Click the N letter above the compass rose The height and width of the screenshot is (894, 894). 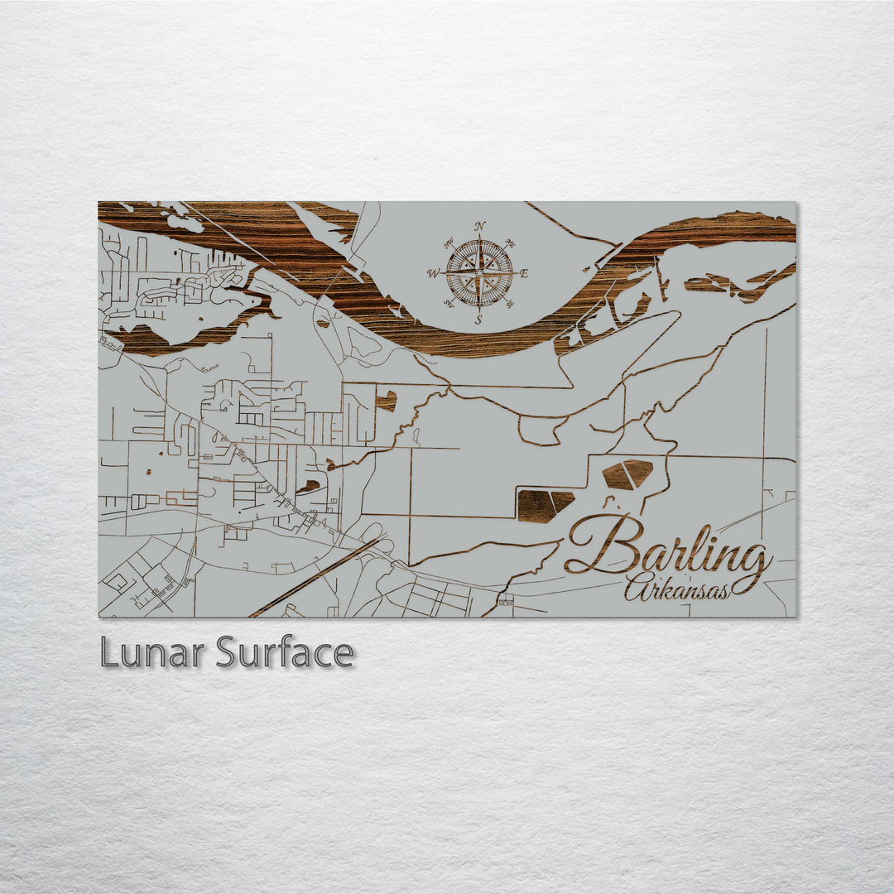[x=480, y=226]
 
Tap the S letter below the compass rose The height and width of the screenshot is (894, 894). [x=478, y=320]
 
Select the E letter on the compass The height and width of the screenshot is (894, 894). [x=524, y=273]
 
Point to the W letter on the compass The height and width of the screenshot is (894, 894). [x=433, y=273]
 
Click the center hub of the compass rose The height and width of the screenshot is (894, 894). [x=479, y=272]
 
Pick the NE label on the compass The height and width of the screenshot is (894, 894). [x=511, y=244]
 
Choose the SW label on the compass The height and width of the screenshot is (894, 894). [x=449, y=302]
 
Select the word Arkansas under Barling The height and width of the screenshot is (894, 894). [x=679, y=588]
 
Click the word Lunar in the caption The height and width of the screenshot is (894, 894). [x=153, y=653]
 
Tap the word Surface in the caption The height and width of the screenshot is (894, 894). [x=285, y=653]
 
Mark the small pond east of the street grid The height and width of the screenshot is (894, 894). [x=385, y=401]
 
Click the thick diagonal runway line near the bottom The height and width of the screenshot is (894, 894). [x=315, y=577]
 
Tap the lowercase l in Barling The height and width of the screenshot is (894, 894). [x=695, y=546]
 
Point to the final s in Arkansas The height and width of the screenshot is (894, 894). [x=725, y=591]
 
